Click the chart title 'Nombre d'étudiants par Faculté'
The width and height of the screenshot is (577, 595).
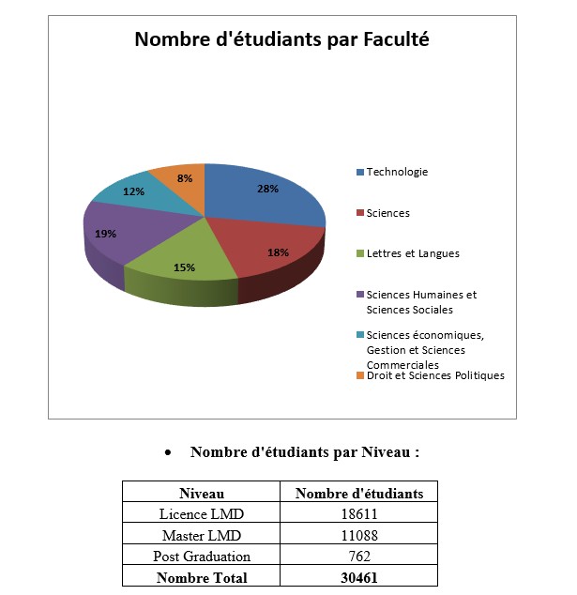click(x=281, y=39)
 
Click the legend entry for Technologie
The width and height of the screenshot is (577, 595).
click(x=396, y=172)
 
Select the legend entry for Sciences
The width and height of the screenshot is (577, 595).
click(x=387, y=213)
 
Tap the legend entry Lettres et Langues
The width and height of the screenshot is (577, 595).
click(x=412, y=253)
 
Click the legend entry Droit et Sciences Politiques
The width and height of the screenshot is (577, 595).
click(x=434, y=375)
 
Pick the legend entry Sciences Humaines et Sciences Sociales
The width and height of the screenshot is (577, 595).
click(x=421, y=301)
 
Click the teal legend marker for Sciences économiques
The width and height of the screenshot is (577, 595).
click(x=360, y=335)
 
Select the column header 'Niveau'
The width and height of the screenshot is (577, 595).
click(x=202, y=493)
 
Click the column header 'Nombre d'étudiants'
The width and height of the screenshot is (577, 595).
click(x=359, y=493)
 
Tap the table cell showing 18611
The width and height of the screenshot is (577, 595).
click(x=359, y=514)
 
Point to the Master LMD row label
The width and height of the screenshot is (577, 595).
click(x=202, y=536)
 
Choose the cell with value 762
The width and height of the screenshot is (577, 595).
click(x=359, y=557)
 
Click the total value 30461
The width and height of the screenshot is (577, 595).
click(x=359, y=577)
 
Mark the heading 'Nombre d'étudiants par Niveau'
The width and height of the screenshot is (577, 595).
click(x=304, y=452)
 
